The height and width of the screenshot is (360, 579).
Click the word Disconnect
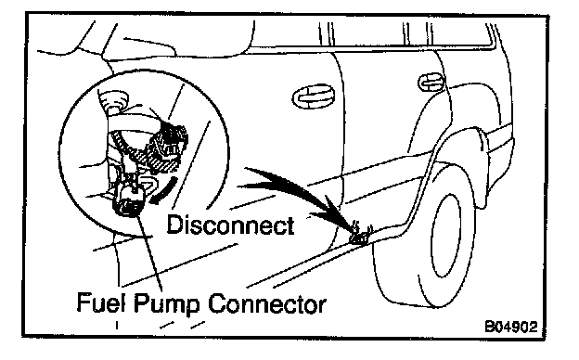[x=230, y=225]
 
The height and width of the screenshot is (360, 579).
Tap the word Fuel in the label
[x=101, y=302]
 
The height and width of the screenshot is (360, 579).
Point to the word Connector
[x=266, y=304]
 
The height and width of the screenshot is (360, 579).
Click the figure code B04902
[x=510, y=327]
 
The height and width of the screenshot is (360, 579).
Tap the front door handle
[x=314, y=96]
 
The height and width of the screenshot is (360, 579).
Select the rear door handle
[x=431, y=82]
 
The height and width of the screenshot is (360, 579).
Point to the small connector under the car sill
[x=360, y=235]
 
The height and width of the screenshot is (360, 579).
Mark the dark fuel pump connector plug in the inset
[x=128, y=200]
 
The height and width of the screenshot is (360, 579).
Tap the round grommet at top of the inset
[x=113, y=99]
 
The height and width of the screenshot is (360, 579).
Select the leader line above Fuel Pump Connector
[x=149, y=253]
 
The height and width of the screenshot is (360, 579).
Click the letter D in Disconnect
[x=174, y=225]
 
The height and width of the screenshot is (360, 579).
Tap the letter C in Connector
[x=217, y=304]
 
